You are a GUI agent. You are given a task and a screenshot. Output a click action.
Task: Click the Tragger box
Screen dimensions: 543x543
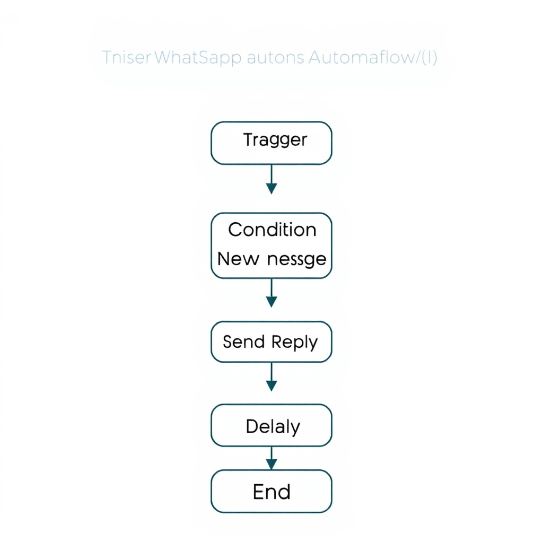pos(271,143)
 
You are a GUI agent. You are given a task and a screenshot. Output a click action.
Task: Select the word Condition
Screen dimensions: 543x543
pos(272,230)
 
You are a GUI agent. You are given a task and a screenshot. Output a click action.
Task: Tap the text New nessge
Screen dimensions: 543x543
pos(272,259)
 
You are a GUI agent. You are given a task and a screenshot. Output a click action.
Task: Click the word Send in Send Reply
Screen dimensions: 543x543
pos(243,341)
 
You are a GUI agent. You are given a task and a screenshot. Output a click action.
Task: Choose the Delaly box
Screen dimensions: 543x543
pos(271,425)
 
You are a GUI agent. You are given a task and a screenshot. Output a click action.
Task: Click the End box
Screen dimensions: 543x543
pos(271,491)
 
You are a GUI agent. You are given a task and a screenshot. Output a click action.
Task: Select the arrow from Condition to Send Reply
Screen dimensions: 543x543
pos(271,293)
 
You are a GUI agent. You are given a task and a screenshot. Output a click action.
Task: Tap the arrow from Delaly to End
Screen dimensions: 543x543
pos(271,458)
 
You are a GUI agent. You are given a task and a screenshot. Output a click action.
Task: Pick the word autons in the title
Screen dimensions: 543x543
pos(275,57)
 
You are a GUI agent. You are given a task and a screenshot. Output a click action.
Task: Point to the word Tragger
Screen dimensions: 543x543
pos(275,140)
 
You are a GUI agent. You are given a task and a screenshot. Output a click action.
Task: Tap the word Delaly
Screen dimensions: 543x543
pos(273,426)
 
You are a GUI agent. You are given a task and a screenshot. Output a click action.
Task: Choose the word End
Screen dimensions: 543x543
pos(271,492)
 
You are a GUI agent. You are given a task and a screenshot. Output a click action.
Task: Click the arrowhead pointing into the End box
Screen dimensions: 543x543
pos(271,465)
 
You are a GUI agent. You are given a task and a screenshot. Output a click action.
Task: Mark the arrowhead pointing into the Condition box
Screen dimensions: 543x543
pos(271,188)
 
